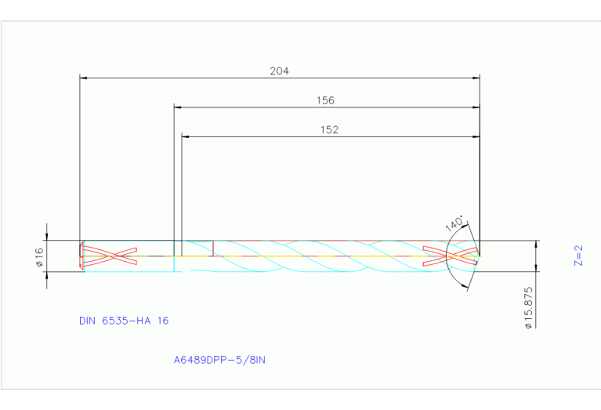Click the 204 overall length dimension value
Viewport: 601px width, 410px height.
[279, 71]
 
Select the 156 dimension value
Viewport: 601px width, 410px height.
[324, 100]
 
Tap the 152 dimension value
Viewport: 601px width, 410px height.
[329, 130]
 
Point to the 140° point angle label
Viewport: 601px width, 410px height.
[454, 223]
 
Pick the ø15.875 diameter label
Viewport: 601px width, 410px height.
[529, 307]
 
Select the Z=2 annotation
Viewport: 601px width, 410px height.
[578, 256]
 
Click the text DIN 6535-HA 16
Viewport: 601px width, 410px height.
[124, 321]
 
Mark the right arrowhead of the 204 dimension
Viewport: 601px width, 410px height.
[476, 78]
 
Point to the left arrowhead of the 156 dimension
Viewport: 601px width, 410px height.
[178, 107]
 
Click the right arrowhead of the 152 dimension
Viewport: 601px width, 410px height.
[476, 136]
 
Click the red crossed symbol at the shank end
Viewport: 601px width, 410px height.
[109, 256]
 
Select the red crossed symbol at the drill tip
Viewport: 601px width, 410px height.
[450, 256]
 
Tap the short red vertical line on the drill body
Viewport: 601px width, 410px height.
[213, 248]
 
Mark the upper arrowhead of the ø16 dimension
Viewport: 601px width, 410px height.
[47, 237]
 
